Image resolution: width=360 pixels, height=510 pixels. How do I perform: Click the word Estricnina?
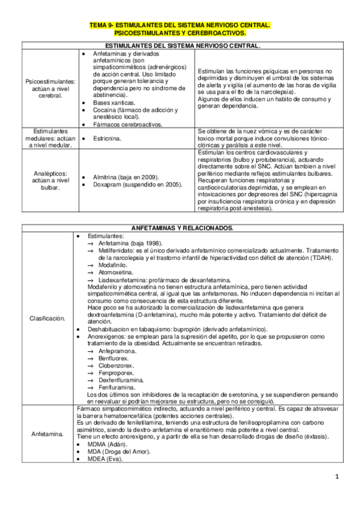click(x=108, y=138)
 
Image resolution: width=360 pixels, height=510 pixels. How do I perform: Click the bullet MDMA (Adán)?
click(x=107, y=443)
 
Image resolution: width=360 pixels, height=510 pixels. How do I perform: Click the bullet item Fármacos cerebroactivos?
click(x=127, y=124)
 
